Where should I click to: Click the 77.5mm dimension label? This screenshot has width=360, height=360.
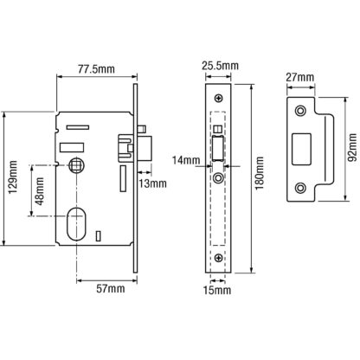tap(96, 69)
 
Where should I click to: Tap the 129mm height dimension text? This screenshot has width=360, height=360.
tap(13, 177)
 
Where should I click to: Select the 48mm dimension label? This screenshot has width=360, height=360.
tap(40, 191)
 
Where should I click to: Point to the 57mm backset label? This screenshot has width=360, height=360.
tap(111, 288)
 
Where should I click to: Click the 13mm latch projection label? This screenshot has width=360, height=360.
tap(152, 183)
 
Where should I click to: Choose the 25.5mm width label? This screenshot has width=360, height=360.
tap(220, 66)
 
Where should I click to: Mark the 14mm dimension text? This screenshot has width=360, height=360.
tap(186, 160)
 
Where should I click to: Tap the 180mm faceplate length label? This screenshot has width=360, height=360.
tap(260, 173)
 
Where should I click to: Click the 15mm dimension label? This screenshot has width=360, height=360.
tap(217, 290)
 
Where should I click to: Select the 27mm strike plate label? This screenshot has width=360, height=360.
tap(299, 77)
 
